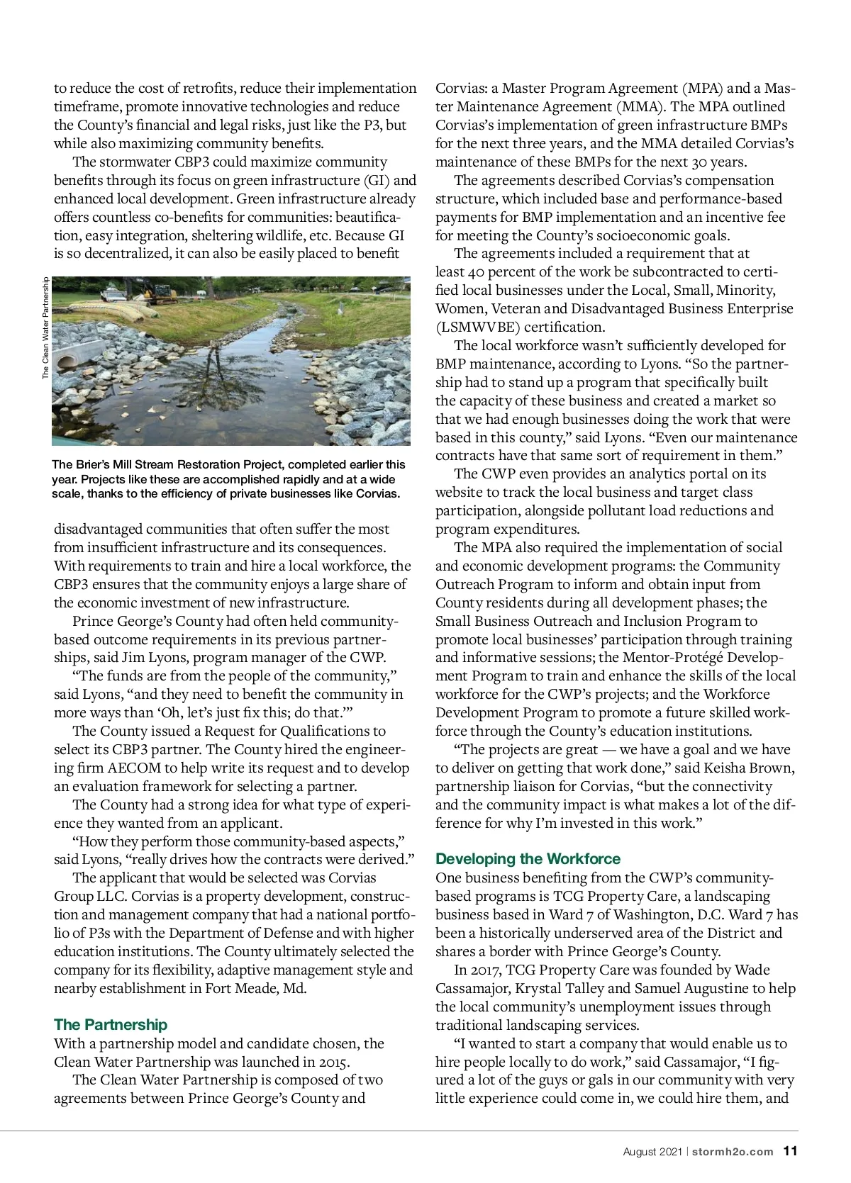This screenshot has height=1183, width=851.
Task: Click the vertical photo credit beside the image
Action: tap(45, 327)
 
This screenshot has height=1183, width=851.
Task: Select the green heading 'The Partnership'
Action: tap(111, 1024)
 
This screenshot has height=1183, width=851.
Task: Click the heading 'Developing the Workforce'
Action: tap(528, 858)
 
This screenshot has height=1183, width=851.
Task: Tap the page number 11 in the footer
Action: tap(790, 1151)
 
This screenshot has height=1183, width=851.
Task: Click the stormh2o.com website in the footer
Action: tap(733, 1152)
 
